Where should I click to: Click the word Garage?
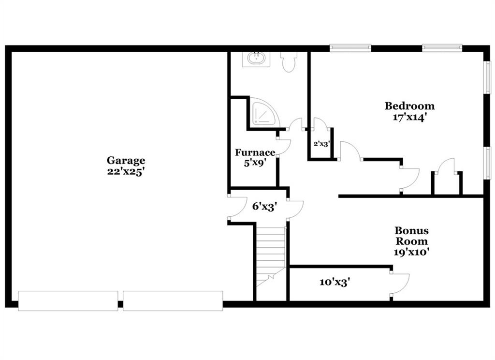(x=126, y=160)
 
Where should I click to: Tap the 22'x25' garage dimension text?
(x=126, y=172)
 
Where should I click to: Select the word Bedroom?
(x=409, y=105)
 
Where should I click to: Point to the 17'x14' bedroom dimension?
(x=410, y=117)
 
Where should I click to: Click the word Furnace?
(x=255, y=152)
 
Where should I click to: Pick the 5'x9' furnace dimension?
(x=255, y=164)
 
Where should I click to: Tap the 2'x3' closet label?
(x=321, y=144)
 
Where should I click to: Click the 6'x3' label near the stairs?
(x=264, y=207)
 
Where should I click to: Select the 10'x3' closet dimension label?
(x=335, y=282)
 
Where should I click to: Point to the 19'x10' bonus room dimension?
(x=411, y=252)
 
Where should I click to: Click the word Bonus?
(x=412, y=230)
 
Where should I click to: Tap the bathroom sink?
(x=256, y=59)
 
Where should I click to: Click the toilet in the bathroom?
(x=289, y=61)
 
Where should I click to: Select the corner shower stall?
(x=263, y=113)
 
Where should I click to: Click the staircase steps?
(x=271, y=256)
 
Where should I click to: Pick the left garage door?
(x=68, y=301)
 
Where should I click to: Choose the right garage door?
(x=173, y=301)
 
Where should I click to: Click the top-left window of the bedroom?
(x=350, y=48)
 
